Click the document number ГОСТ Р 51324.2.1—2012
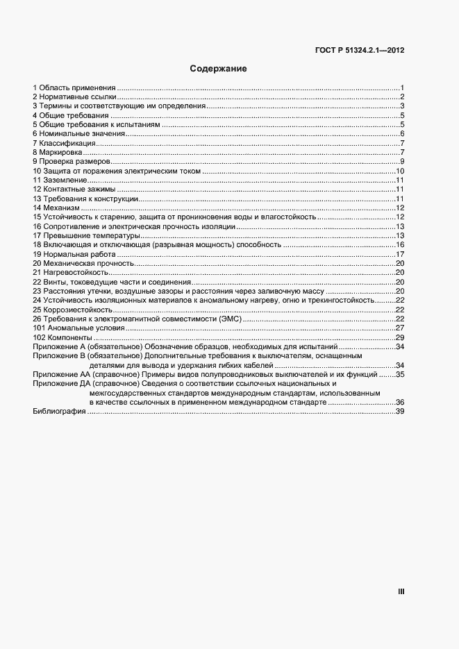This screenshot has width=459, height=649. click(x=360, y=51)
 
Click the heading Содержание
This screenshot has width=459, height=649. click(x=218, y=69)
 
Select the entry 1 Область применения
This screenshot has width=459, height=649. click(x=74, y=87)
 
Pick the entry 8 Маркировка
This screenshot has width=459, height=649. click(x=58, y=152)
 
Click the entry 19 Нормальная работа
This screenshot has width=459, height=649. click(x=72, y=254)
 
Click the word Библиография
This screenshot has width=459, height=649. click(x=59, y=412)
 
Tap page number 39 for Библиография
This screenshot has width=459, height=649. click(x=400, y=412)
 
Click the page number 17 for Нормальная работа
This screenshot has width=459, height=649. click(x=400, y=254)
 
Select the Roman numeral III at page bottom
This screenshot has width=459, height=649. click(x=401, y=591)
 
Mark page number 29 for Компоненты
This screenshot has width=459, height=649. click(x=400, y=337)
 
